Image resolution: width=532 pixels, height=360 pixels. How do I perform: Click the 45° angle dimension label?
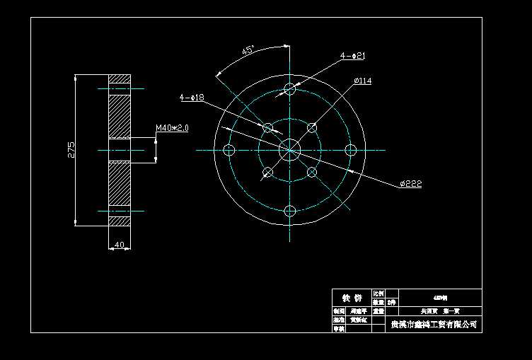pyautogui.click(x=248, y=51)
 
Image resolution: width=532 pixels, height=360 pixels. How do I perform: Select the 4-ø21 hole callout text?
pyautogui.click(x=352, y=55)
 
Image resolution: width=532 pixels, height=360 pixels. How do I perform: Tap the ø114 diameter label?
pyautogui.click(x=362, y=81)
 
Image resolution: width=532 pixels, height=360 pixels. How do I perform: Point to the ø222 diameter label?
pyautogui.click(x=410, y=184)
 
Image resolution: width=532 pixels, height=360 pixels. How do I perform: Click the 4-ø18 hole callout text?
pyautogui.click(x=192, y=97)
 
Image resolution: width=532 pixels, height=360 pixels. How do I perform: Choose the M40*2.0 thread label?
pyautogui.click(x=171, y=128)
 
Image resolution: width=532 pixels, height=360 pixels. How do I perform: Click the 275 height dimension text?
pyautogui.click(x=71, y=150)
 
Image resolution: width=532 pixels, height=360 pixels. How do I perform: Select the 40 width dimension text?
pyautogui.click(x=118, y=245)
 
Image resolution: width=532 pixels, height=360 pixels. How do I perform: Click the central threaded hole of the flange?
pyautogui.click(x=289, y=149)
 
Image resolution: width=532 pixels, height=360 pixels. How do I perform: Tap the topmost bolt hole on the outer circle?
pyautogui.click(x=289, y=88)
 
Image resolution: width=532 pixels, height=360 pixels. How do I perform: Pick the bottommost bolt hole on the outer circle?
pyautogui.click(x=289, y=211)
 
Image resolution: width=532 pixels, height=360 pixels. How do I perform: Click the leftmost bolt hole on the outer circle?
pyautogui.click(x=229, y=149)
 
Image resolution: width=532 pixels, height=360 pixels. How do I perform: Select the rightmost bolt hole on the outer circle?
pyautogui.click(x=350, y=149)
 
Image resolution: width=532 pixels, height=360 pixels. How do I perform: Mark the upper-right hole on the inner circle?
pyautogui.click(x=311, y=128)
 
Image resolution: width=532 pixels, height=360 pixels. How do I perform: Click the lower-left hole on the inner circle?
pyautogui.click(x=267, y=172)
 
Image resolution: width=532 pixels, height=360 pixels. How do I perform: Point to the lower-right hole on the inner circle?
pyautogui.click(x=311, y=171)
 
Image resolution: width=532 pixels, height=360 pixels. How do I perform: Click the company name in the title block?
pyautogui.click(x=434, y=325)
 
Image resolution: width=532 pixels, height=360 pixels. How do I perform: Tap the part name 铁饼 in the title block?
pyautogui.click(x=352, y=297)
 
